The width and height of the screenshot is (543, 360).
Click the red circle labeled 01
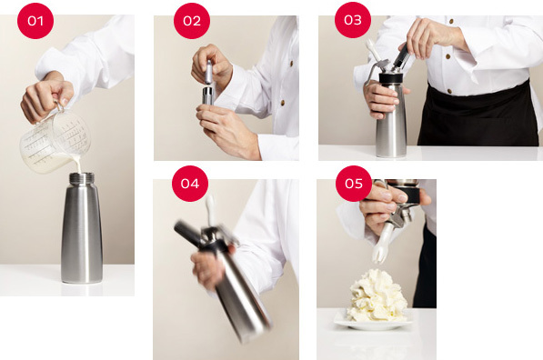coord(35,21)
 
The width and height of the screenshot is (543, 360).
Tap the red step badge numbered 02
coord(192,21)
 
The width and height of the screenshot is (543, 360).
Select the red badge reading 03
coord(353,20)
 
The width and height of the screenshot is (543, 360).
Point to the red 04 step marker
coord(190,184)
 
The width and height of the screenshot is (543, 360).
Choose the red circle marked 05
coord(354,184)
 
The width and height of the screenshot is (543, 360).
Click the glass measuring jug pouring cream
coord(54,140)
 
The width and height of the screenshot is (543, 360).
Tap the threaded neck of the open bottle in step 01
coord(82,178)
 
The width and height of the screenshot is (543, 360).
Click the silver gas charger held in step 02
coord(208,72)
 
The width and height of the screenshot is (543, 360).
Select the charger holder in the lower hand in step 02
coord(207,95)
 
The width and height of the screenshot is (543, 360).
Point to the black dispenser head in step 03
coord(394,78)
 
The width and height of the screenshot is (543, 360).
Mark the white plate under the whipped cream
coord(373,323)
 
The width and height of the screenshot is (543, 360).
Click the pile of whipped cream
coord(377,296)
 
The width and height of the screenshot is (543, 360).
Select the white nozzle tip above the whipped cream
coord(379,255)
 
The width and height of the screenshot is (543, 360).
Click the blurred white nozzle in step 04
coord(211,209)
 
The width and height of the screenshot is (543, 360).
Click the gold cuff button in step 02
coord(283,103)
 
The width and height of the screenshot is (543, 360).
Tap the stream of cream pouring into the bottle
coord(78,165)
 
